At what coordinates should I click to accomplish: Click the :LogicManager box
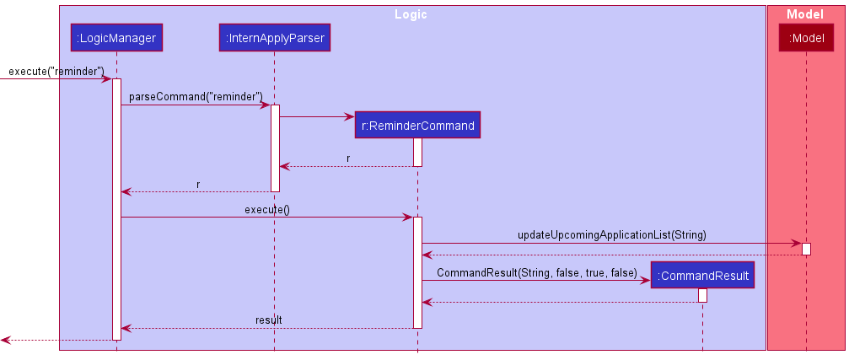(x=116, y=37)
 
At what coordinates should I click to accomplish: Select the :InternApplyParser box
(x=274, y=37)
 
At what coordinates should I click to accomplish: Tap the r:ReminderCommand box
(x=417, y=126)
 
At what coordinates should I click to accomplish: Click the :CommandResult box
(x=702, y=276)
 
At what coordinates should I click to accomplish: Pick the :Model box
(x=806, y=37)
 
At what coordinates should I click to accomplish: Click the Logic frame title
(x=411, y=14)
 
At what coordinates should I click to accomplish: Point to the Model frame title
(x=804, y=14)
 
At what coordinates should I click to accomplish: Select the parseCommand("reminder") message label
(x=196, y=97)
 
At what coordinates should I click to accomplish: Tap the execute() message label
(x=266, y=210)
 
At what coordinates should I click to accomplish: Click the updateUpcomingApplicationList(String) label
(x=611, y=235)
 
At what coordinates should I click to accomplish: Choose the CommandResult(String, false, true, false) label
(x=536, y=273)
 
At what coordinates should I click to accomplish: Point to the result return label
(x=268, y=320)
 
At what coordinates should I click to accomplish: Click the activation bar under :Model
(x=806, y=249)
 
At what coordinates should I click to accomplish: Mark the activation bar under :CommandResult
(x=702, y=295)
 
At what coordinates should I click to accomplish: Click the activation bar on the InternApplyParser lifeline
(x=275, y=148)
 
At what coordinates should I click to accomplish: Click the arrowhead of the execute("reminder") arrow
(x=107, y=79)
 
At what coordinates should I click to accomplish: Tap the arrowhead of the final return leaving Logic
(x=5, y=340)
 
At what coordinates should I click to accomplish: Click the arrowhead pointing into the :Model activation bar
(x=797, y=244)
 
